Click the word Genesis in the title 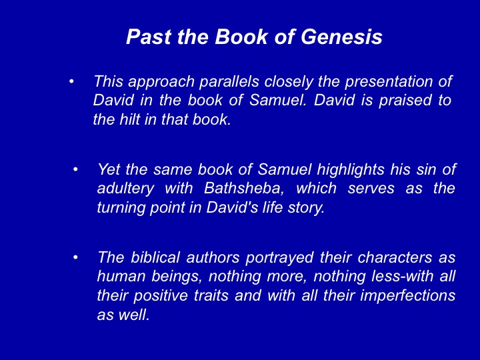point(341,37)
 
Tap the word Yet point(109,169)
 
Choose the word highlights point(350,169)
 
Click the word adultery point(125,188)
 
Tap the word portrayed point(279,258)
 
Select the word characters point(395,257)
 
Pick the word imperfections point(407,296)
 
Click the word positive point(161,296)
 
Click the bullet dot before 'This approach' point(71,82)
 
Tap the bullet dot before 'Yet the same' point(75,169)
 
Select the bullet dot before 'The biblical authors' point(75,257)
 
